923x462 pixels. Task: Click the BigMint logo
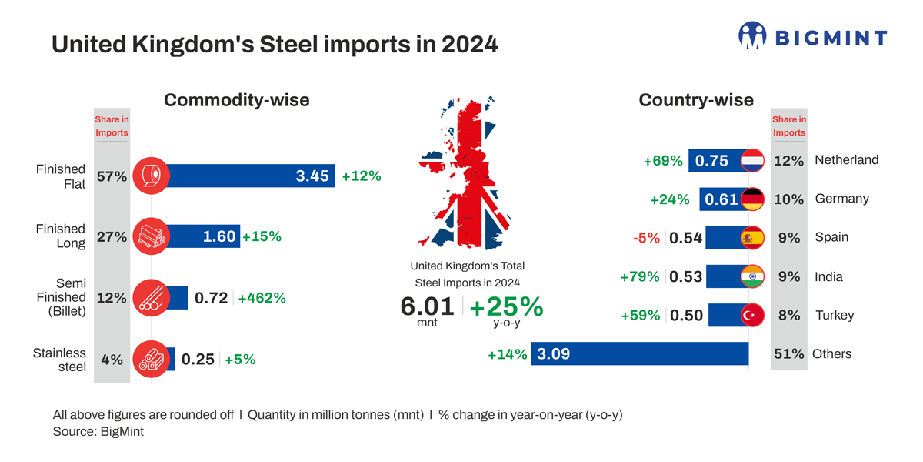tap(812, 36)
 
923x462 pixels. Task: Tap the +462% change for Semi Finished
tap(262, 297)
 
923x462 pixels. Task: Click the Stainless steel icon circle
tap(151, 359)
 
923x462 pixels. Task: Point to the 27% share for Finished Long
tap(112, 237)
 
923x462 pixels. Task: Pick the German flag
tap(751, 199)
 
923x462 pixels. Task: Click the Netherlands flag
tap(751, 160)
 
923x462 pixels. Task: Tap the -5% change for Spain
tap(646, 238)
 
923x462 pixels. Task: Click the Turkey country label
tap(835, 315)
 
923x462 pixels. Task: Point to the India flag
tap(751, 276)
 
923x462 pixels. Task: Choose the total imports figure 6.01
tap(428, 306)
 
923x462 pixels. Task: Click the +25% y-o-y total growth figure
tap(506, 306)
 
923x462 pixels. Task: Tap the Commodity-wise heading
tap(237, 100)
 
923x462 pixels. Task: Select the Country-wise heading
tap(696, 100)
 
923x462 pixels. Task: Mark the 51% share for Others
tap(788, 354)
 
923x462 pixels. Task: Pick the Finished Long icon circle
tap(151, 237)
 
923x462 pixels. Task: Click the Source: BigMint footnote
tap(98, 432)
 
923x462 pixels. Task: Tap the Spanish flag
tap(751, 238)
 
